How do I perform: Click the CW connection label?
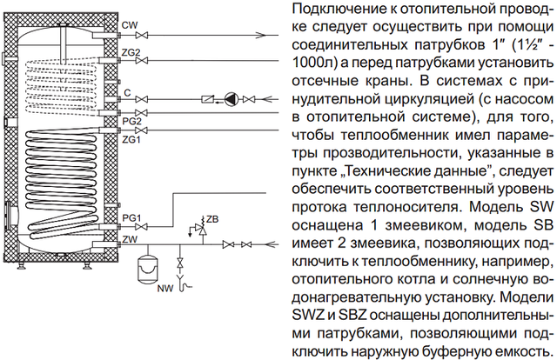[x=130, y=25]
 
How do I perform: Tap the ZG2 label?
[x=131, y=52]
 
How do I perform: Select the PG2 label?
[x=131, y=122]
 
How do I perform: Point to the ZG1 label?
[x=131, y=140]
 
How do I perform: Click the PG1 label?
[x=131, y=218]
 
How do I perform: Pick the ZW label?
[x=130, y=240]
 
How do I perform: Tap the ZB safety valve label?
[x=212, y=219]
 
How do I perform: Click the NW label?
[x=165, y=288]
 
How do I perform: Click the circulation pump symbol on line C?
[x=231, y=99]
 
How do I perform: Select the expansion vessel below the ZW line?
[x=147, y=269]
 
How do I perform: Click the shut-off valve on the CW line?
[x=142, y=36]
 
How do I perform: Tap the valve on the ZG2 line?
[x=142, y=61]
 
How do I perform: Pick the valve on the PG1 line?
[x=142, y=226]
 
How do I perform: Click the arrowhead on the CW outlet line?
[x=261, y=36]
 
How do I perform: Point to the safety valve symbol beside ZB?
[x=203, y=230]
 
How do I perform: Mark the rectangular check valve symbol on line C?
[x=207, y=99]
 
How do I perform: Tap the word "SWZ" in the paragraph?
[x=308, y=316]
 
